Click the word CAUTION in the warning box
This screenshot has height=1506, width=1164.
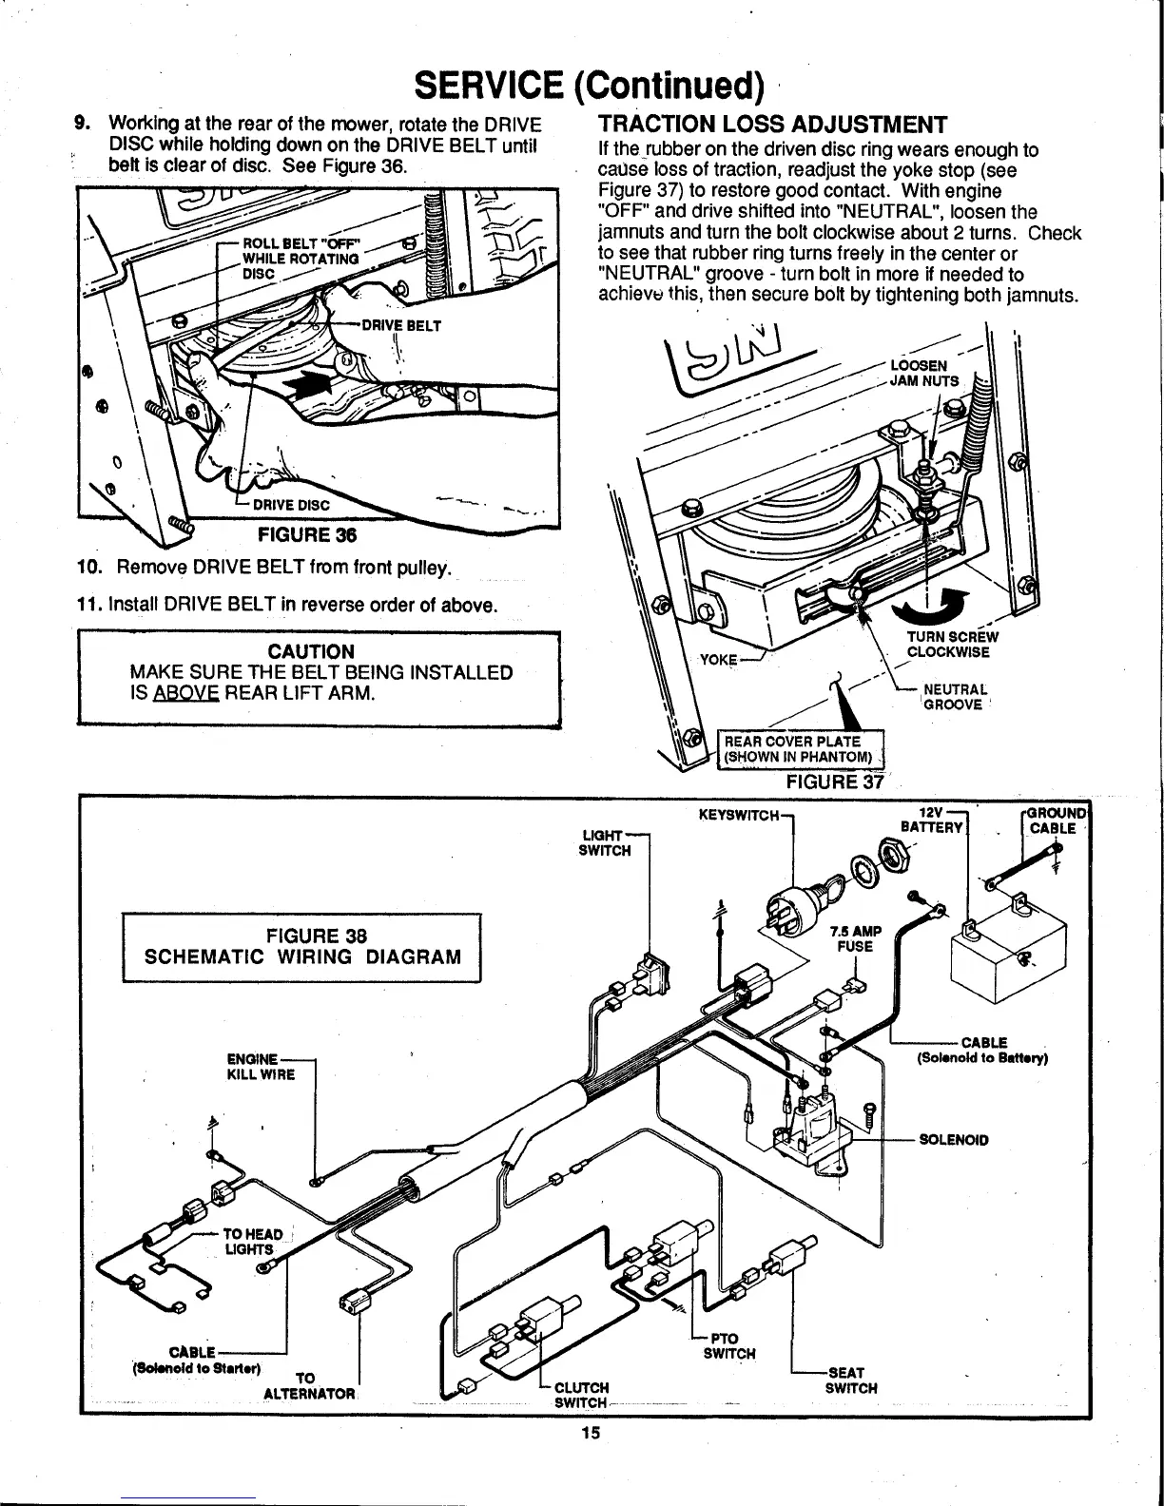coord(312,651)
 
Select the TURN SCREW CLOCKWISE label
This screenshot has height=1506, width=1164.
coord(951,645)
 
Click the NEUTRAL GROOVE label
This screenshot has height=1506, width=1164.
coord(945,697)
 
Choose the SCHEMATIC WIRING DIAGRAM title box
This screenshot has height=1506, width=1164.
coord(303,946)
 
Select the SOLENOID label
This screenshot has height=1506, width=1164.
coord(954,1139)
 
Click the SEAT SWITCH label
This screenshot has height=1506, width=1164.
coord(849,1380)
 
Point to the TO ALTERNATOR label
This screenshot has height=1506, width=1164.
coord(308,1386)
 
